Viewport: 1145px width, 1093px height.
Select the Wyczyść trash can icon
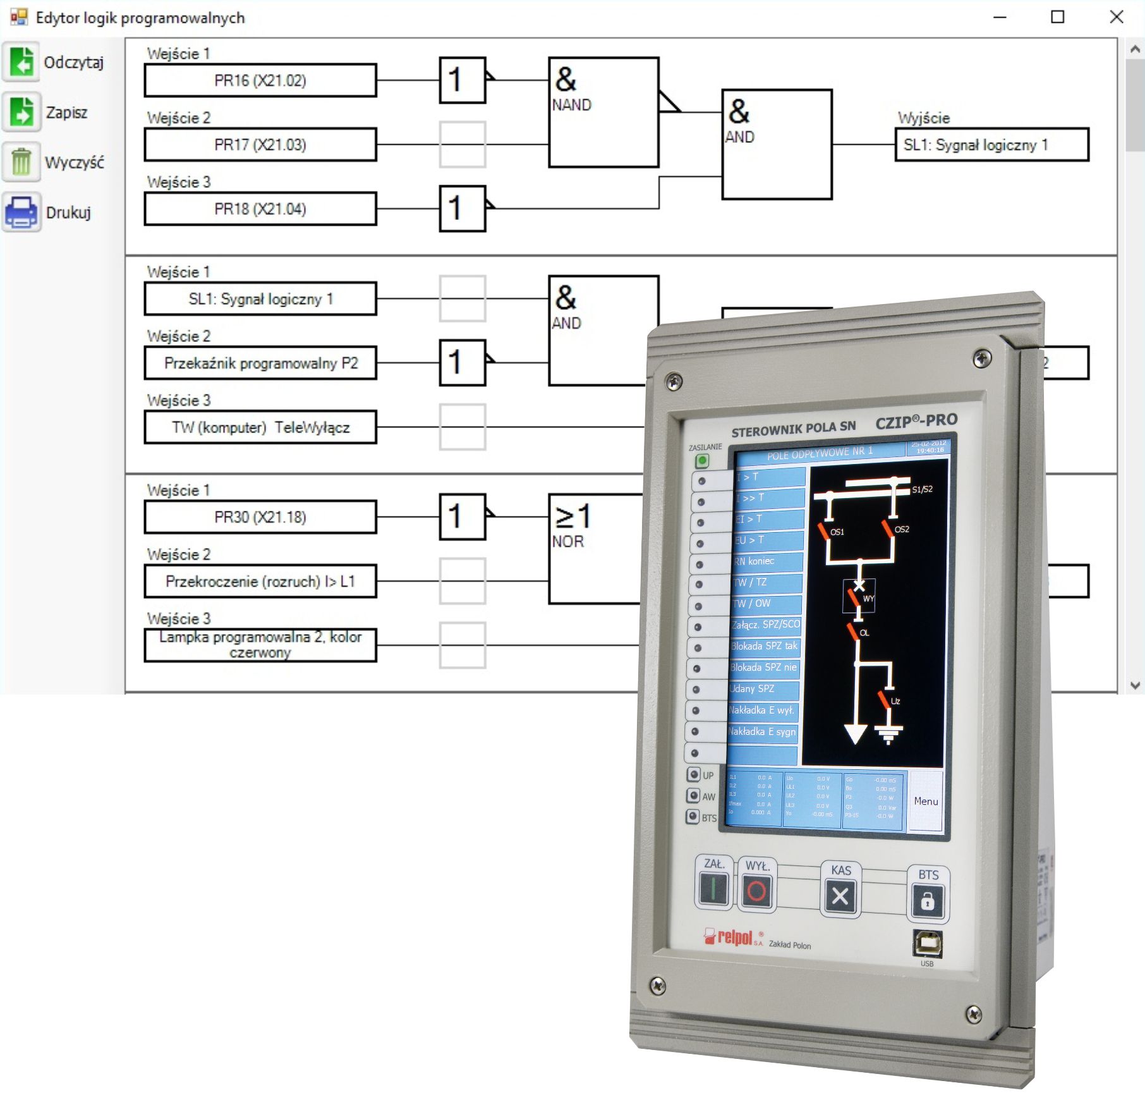point(21,162)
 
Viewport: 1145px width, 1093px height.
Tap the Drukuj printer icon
point(21,212)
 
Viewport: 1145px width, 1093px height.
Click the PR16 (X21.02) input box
point(260,80)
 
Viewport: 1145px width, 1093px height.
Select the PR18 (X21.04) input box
point(260,209)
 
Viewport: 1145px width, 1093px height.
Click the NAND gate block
point(603,113)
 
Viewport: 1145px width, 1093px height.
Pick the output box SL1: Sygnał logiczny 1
point(991,145)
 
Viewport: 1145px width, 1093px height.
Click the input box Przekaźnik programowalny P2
point(260,363)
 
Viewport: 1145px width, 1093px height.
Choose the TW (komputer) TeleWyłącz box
point(260,427)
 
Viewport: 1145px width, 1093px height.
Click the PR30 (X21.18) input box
point(260,517)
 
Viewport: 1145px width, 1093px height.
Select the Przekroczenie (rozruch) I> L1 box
point(260,581)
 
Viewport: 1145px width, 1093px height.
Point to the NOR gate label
point(568,542)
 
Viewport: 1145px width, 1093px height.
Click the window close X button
point(1117,17)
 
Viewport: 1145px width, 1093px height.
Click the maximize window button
point(1058,17)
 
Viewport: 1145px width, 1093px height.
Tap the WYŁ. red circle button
point(756,891)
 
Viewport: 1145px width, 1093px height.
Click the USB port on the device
point(927,944)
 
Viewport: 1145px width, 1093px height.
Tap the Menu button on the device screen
point(926,801)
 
